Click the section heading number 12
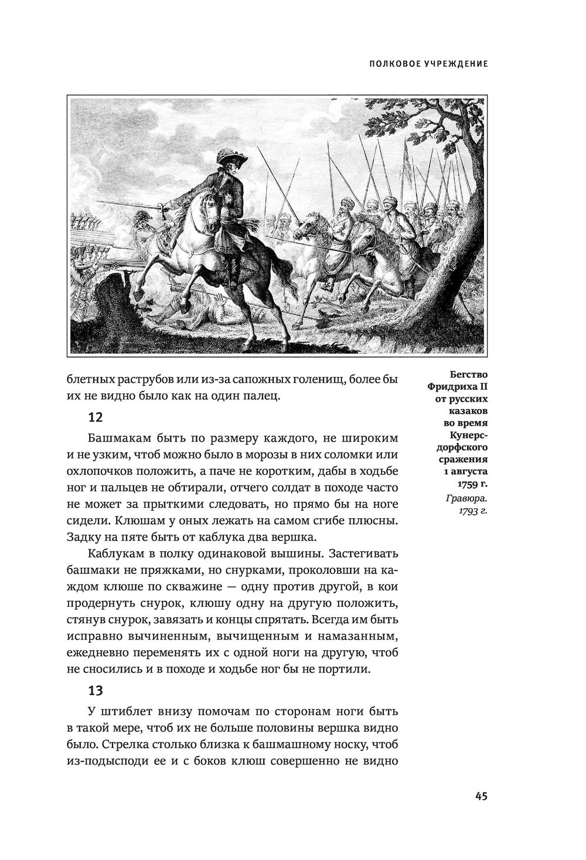click(95, 417)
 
